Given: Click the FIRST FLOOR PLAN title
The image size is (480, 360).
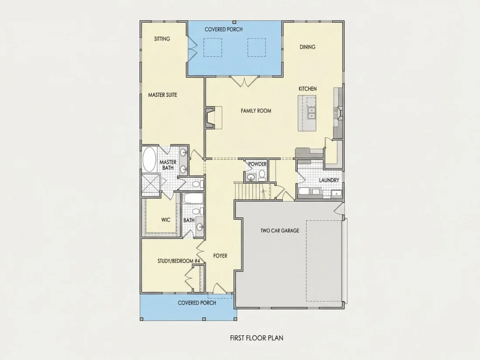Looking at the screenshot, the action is [x=257, y=338].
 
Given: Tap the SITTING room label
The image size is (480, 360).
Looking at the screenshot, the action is [x=162, y=39].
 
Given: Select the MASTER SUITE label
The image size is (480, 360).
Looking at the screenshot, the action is [x=163, y=95].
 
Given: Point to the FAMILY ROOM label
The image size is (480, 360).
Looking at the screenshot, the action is [x=256, y=111].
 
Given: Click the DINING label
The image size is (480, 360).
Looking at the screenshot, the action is [x=307, y=47].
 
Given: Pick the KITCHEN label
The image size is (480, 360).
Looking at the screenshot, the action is [x=308, y=89].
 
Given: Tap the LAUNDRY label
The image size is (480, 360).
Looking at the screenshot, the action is [x=329, y=180].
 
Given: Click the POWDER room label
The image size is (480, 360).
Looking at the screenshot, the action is [x=257, y=164].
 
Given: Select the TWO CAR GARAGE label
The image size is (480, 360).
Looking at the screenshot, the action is [x=280, y=230].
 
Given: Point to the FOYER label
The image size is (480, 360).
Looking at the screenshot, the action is [x=220, y=256].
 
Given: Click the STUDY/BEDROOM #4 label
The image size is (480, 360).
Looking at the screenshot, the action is [x=179, y=261].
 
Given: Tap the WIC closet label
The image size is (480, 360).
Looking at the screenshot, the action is [x=166, y=220].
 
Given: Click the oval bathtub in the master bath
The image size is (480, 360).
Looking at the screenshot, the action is [x=149, y=159].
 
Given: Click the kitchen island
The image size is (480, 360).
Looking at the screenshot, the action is [x=307, y=113].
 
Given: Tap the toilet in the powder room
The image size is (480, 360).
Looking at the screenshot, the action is [x=262, y=175].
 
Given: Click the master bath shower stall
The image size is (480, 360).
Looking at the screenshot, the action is [x=151, y=185].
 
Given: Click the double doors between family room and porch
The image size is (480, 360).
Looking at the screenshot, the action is [x=244, y=82].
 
